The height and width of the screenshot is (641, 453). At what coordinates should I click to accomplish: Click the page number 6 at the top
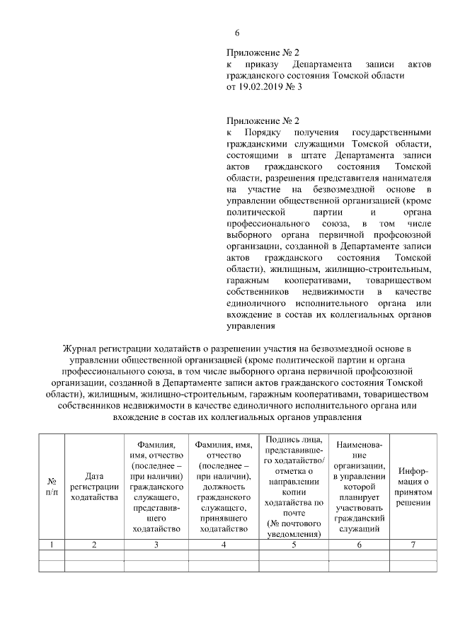[238, 33]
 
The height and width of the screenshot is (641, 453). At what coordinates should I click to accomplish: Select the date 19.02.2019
[261, 87]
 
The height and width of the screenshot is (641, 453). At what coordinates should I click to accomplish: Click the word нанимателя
[402, 178]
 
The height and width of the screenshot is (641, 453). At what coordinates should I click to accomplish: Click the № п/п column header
[51, 485]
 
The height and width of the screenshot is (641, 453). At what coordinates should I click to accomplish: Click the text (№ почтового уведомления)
[292, 529]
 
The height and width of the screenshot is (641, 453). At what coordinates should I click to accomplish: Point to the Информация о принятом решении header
[415, 486]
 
